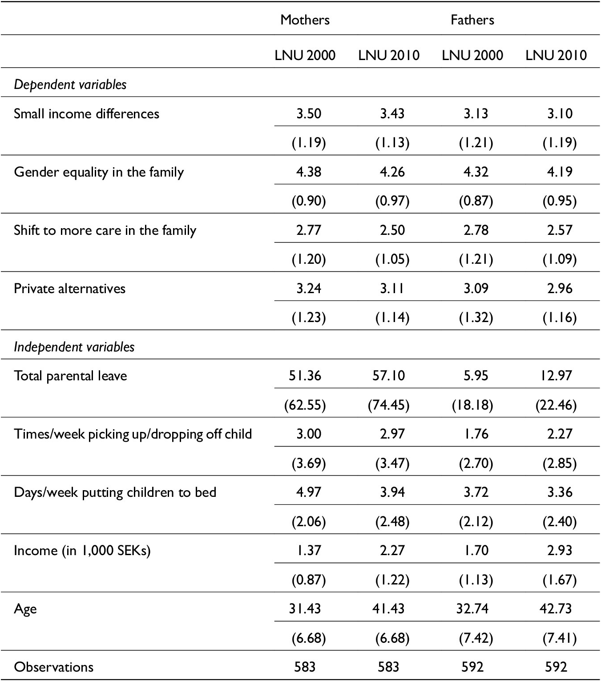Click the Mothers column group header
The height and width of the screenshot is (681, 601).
click(305, 20)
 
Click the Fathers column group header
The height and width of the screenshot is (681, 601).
click(472, 20)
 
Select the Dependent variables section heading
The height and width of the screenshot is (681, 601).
click(70, 85)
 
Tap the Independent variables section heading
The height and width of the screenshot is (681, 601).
click(74, 347)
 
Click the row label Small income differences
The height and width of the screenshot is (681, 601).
click(86, 114)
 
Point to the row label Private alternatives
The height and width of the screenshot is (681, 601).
click(70, 289)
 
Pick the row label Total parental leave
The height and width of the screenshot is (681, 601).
click(70, 376)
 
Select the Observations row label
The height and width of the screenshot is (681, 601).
click(54, 667)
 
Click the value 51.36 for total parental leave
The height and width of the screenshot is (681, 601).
click(305, 376)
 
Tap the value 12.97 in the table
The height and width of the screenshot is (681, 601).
click(556, 376)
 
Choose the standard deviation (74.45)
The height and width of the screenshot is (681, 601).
click(388, 405)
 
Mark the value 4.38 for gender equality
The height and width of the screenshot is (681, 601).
click(309, 172)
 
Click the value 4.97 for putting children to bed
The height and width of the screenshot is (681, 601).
click(309, 492)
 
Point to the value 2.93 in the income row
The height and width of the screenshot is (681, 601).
click(560, 551)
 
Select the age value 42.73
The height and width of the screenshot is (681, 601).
click(556, 609)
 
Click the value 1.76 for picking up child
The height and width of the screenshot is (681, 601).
click(476, 434)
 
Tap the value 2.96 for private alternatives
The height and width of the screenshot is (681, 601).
click(560, 289)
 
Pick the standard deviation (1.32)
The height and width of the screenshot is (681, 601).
click(476, 318)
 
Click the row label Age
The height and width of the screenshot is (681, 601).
click(25, 609)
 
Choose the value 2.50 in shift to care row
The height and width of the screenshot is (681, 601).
click(392, 230)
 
